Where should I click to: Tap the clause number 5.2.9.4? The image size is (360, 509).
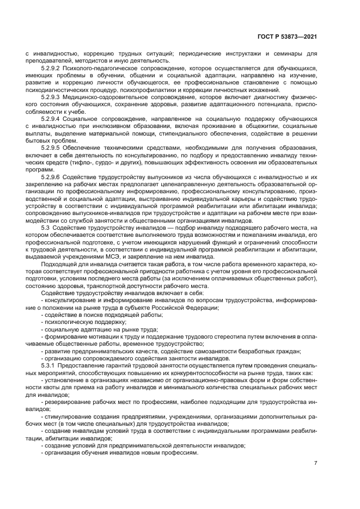coord(51,118)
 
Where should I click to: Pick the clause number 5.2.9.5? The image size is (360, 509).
coord(51,148)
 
